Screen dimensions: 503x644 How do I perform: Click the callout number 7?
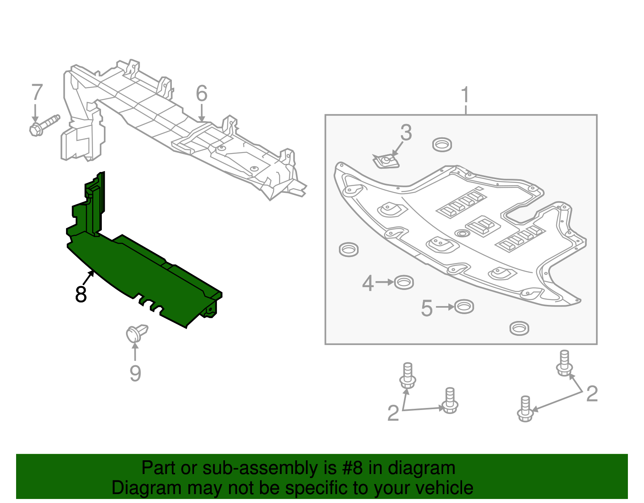tap(37, 93)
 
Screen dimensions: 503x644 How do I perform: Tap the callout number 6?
tap(202, 93)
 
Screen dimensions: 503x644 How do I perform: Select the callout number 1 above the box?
tap(465, 95)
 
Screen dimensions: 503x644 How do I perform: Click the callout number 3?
tap(406, 132)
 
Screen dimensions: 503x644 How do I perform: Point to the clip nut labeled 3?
tap(386, 161)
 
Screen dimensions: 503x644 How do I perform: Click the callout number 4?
tap(368, 284)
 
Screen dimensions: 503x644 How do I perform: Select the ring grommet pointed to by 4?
tap(404, 282)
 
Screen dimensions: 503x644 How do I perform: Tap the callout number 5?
tap(427, 308)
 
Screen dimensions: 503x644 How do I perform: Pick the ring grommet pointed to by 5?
tap(464, 307)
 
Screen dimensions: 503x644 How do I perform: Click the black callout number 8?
tap(81, 294)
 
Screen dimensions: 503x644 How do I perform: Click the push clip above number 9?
tap(136, 333)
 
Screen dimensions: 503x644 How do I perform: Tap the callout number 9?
tap(135, 373)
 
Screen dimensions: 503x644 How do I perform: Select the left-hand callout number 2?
tap(393, 413)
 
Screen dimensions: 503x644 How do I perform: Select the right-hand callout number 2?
tap(592, 393)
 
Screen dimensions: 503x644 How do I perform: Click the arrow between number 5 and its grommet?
tap(444, 307)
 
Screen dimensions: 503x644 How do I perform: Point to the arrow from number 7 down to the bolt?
tap(35, 113)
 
